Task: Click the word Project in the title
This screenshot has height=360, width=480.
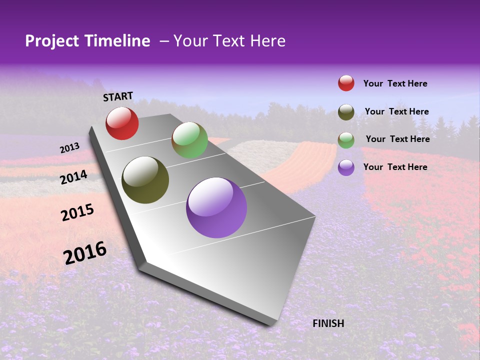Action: point(52,41)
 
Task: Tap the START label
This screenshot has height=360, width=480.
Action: point(118,96)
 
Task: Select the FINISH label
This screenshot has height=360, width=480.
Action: point(328,323)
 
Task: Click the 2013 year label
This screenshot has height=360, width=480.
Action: point(70,148)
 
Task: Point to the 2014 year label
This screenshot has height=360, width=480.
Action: point(74,177)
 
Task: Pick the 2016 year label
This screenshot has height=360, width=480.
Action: point(85,252)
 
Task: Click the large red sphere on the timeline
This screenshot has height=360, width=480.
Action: point(122,123)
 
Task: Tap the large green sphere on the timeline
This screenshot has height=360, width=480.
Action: point(189,140)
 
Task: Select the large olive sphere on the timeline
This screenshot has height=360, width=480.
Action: point(145,180)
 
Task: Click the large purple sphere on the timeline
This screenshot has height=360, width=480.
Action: point(216,207)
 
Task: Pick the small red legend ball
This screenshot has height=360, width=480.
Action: point(346,83)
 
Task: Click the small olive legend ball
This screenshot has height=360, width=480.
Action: point(346,112)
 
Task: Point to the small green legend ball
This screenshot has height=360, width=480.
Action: point(346,140)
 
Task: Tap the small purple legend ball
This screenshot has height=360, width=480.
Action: point(346,167)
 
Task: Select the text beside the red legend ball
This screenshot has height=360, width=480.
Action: point(395,83)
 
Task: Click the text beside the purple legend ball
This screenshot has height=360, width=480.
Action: point(395,167)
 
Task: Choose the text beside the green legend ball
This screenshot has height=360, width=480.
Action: point(398,139)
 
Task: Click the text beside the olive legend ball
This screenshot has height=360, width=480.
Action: point(397,111)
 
